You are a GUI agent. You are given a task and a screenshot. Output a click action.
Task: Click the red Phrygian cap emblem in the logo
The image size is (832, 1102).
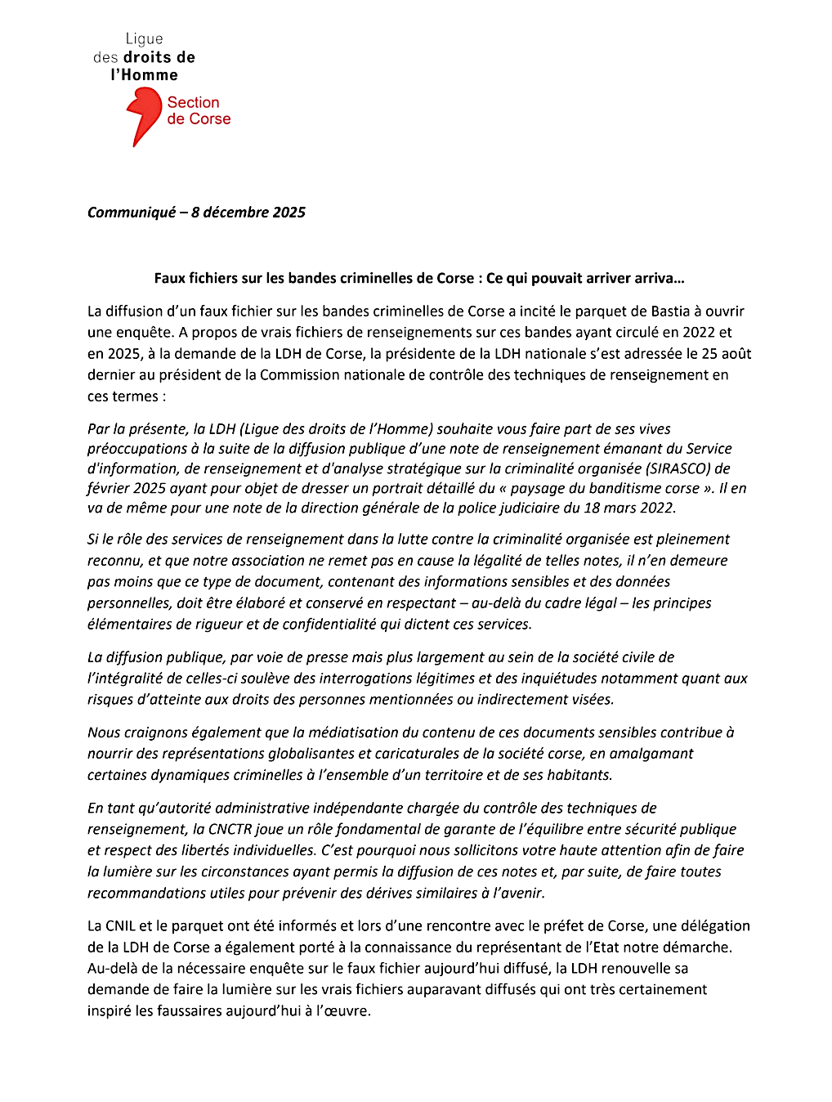point(144,114)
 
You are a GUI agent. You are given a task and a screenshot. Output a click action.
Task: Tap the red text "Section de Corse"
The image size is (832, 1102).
point(199,110)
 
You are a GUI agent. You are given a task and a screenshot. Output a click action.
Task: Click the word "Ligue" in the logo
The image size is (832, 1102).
point(144,38)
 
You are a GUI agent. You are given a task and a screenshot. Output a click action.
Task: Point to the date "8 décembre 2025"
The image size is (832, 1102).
point(248,213)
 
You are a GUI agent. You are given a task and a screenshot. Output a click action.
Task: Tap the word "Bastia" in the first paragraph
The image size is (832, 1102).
point(671,311)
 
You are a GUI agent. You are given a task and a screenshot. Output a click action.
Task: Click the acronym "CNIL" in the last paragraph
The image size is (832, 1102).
point(120,926)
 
